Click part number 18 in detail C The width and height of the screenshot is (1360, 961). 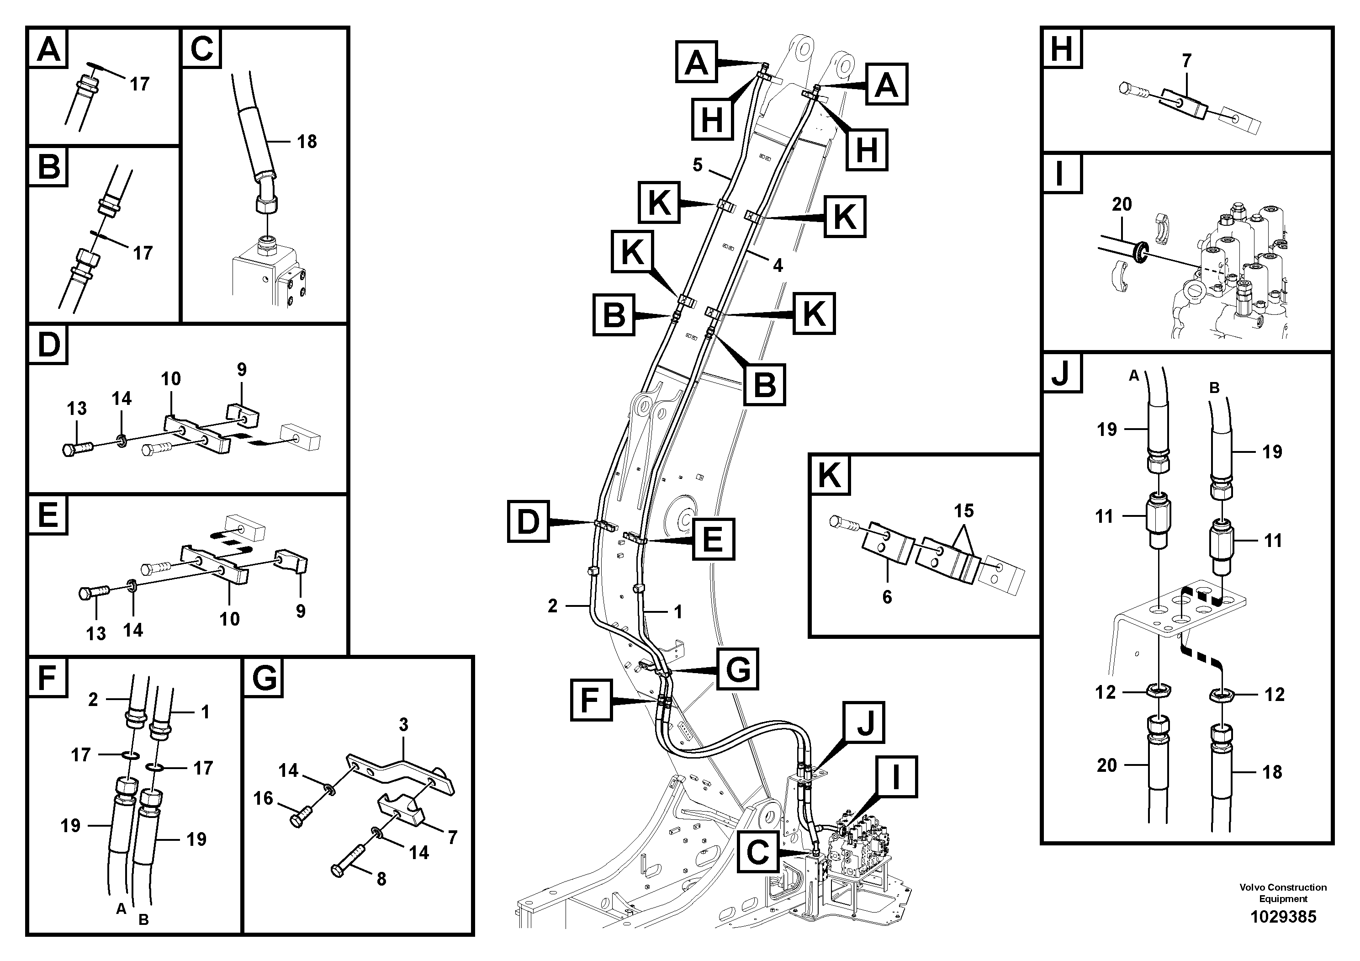[307, 142]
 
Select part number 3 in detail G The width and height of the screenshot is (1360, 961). [403, 725]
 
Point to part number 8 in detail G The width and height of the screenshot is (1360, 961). [381, 879]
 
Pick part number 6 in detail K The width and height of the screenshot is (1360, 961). [887, 597]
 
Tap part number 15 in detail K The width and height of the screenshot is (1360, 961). [964, 511]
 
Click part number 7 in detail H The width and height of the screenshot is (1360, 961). [1186, 61]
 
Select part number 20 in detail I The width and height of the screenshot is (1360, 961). [1121, 204]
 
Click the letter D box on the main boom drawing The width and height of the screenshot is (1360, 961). [529, 521]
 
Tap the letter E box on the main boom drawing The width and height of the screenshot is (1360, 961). [714, 539]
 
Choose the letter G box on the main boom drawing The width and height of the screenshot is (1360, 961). [737, 669]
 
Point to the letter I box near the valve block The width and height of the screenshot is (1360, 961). [895, 777]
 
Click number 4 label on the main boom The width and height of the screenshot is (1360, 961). [778, 265]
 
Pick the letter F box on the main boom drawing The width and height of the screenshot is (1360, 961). [591, 701]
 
